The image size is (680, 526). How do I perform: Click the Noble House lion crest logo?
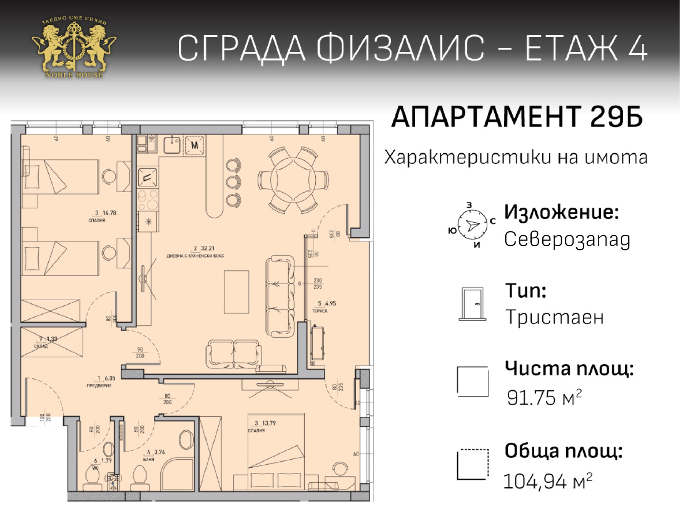(x=74, y=48)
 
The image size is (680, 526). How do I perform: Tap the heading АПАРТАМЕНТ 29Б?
(x=516, y=117)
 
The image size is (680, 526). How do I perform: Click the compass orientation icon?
(x=472, y=225)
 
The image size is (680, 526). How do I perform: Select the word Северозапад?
(x=567, y=239)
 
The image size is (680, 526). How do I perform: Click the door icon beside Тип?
(x=473, y=304)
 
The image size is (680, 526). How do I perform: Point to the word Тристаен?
(x=554, y=317)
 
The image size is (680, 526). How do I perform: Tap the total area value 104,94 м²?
(x=547, y=481)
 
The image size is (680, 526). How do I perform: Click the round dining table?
(x=293, y=180)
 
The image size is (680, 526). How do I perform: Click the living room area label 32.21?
(x=207, y=248)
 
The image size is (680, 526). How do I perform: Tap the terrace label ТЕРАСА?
(x=320, y=311)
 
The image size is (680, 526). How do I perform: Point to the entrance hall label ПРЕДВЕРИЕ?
(x=99, y=386)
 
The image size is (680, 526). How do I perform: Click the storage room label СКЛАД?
(x=41, y=347)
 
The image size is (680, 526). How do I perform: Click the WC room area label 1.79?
(x=106, y=461)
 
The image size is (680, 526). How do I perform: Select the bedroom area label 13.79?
(x=269, y=423)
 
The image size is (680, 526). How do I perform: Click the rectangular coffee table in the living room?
(x=236, y=292)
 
